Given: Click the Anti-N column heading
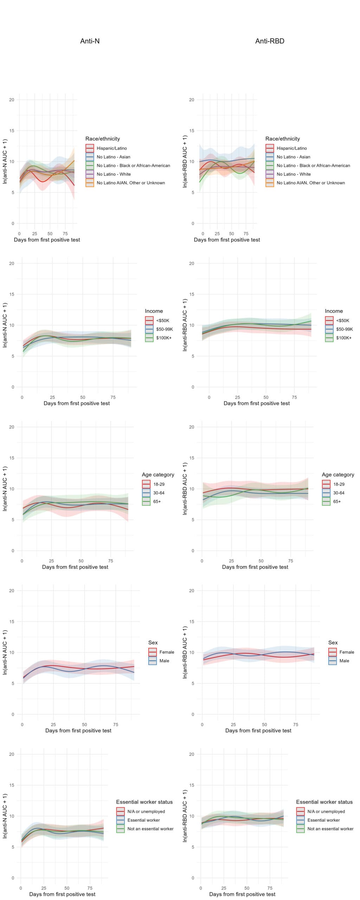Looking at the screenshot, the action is [90, 41].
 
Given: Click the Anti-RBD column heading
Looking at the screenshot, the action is [270, 41].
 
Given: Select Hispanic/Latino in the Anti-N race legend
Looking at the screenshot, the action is [112, 148].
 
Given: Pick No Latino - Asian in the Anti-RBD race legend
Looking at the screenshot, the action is [293, 157].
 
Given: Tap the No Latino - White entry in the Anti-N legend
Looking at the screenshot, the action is [114, 174].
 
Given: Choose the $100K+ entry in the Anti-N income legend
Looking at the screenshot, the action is [164, 338].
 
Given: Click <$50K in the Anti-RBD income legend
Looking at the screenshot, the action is [342, 321].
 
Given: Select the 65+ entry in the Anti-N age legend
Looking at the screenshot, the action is [157, 501].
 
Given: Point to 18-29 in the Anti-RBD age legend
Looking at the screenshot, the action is [339, 484].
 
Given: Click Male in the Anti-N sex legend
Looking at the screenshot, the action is [164, 661].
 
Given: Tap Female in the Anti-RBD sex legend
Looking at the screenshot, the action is [347, 652].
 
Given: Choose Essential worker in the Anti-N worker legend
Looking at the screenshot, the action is [143, 820].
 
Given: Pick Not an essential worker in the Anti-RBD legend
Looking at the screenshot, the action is [330, 829].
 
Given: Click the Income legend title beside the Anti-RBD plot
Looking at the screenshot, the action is [334, 311].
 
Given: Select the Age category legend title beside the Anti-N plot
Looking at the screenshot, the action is [158, 475].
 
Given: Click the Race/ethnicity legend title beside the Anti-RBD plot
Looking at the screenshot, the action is [283, 139].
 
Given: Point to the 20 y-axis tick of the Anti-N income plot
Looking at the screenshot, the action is [12, 263].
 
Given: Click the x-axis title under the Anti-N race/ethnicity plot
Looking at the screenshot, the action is [47, 240].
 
